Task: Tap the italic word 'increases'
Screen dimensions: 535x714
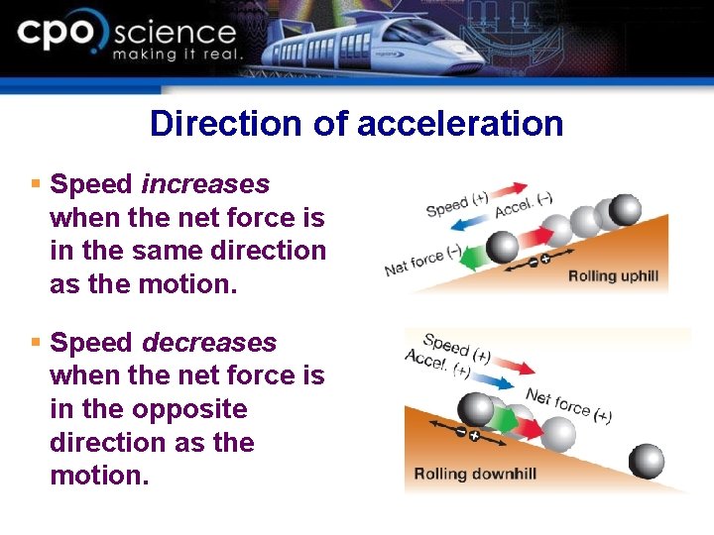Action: [205, 184]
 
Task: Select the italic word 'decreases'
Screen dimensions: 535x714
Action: [209, 343]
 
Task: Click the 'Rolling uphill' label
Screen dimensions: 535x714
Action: [613, 275]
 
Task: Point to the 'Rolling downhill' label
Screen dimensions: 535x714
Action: [475, 473]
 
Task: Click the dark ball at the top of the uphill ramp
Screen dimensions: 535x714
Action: [625, 210]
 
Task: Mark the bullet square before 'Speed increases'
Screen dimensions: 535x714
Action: [35, 184]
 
